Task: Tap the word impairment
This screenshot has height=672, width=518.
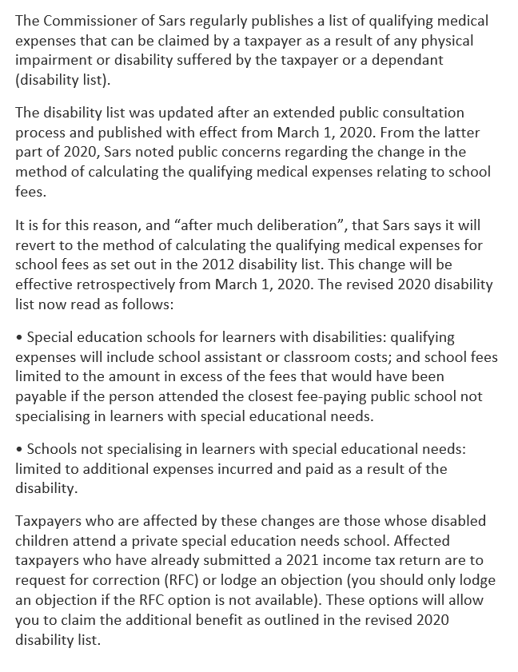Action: (55, 59)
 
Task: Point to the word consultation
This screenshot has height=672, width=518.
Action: (426, 113)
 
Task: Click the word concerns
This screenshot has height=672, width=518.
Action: (260, 151)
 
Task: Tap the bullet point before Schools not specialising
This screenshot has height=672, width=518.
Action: (19, 450)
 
